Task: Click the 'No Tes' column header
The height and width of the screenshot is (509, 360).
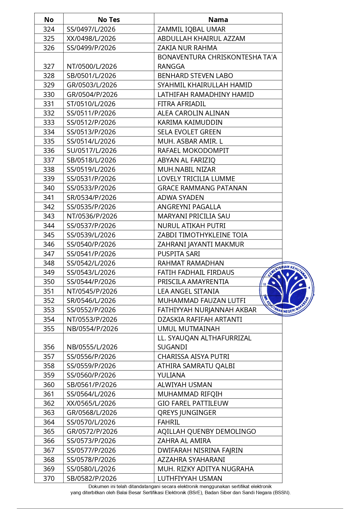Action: [x=109, y=20]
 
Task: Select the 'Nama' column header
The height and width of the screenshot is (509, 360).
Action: [x=218, y=20]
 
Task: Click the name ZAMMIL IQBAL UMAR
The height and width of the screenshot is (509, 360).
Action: [x=191, y=29]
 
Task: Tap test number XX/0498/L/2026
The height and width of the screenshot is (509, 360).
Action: [x=91, y=39]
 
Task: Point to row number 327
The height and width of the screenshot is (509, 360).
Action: [x=49, y=66]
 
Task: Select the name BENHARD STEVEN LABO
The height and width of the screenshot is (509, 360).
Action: [x=195, y=76]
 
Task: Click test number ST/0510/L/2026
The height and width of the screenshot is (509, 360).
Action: [x=91, y=104]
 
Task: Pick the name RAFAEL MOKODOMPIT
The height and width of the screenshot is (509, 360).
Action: [x=193, y=151]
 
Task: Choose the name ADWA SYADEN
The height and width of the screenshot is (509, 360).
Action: [x=181, y=198]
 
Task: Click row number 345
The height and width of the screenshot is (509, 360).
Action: [x=49, y=235]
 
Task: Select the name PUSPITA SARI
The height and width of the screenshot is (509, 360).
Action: [x=179, y=254]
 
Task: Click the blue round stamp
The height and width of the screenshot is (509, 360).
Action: [x=287, y=289]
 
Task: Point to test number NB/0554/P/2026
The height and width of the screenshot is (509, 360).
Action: [x=92, y=329]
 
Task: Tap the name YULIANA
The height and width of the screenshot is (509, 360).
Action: [x=171, y=375]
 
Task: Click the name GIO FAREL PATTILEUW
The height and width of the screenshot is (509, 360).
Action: [x=193, y=403]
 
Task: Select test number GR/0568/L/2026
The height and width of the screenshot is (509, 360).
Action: [x=92, y=413]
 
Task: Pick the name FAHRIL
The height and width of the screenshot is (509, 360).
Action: [x=169, y=422]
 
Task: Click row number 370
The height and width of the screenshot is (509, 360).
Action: [x=49, y=479]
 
